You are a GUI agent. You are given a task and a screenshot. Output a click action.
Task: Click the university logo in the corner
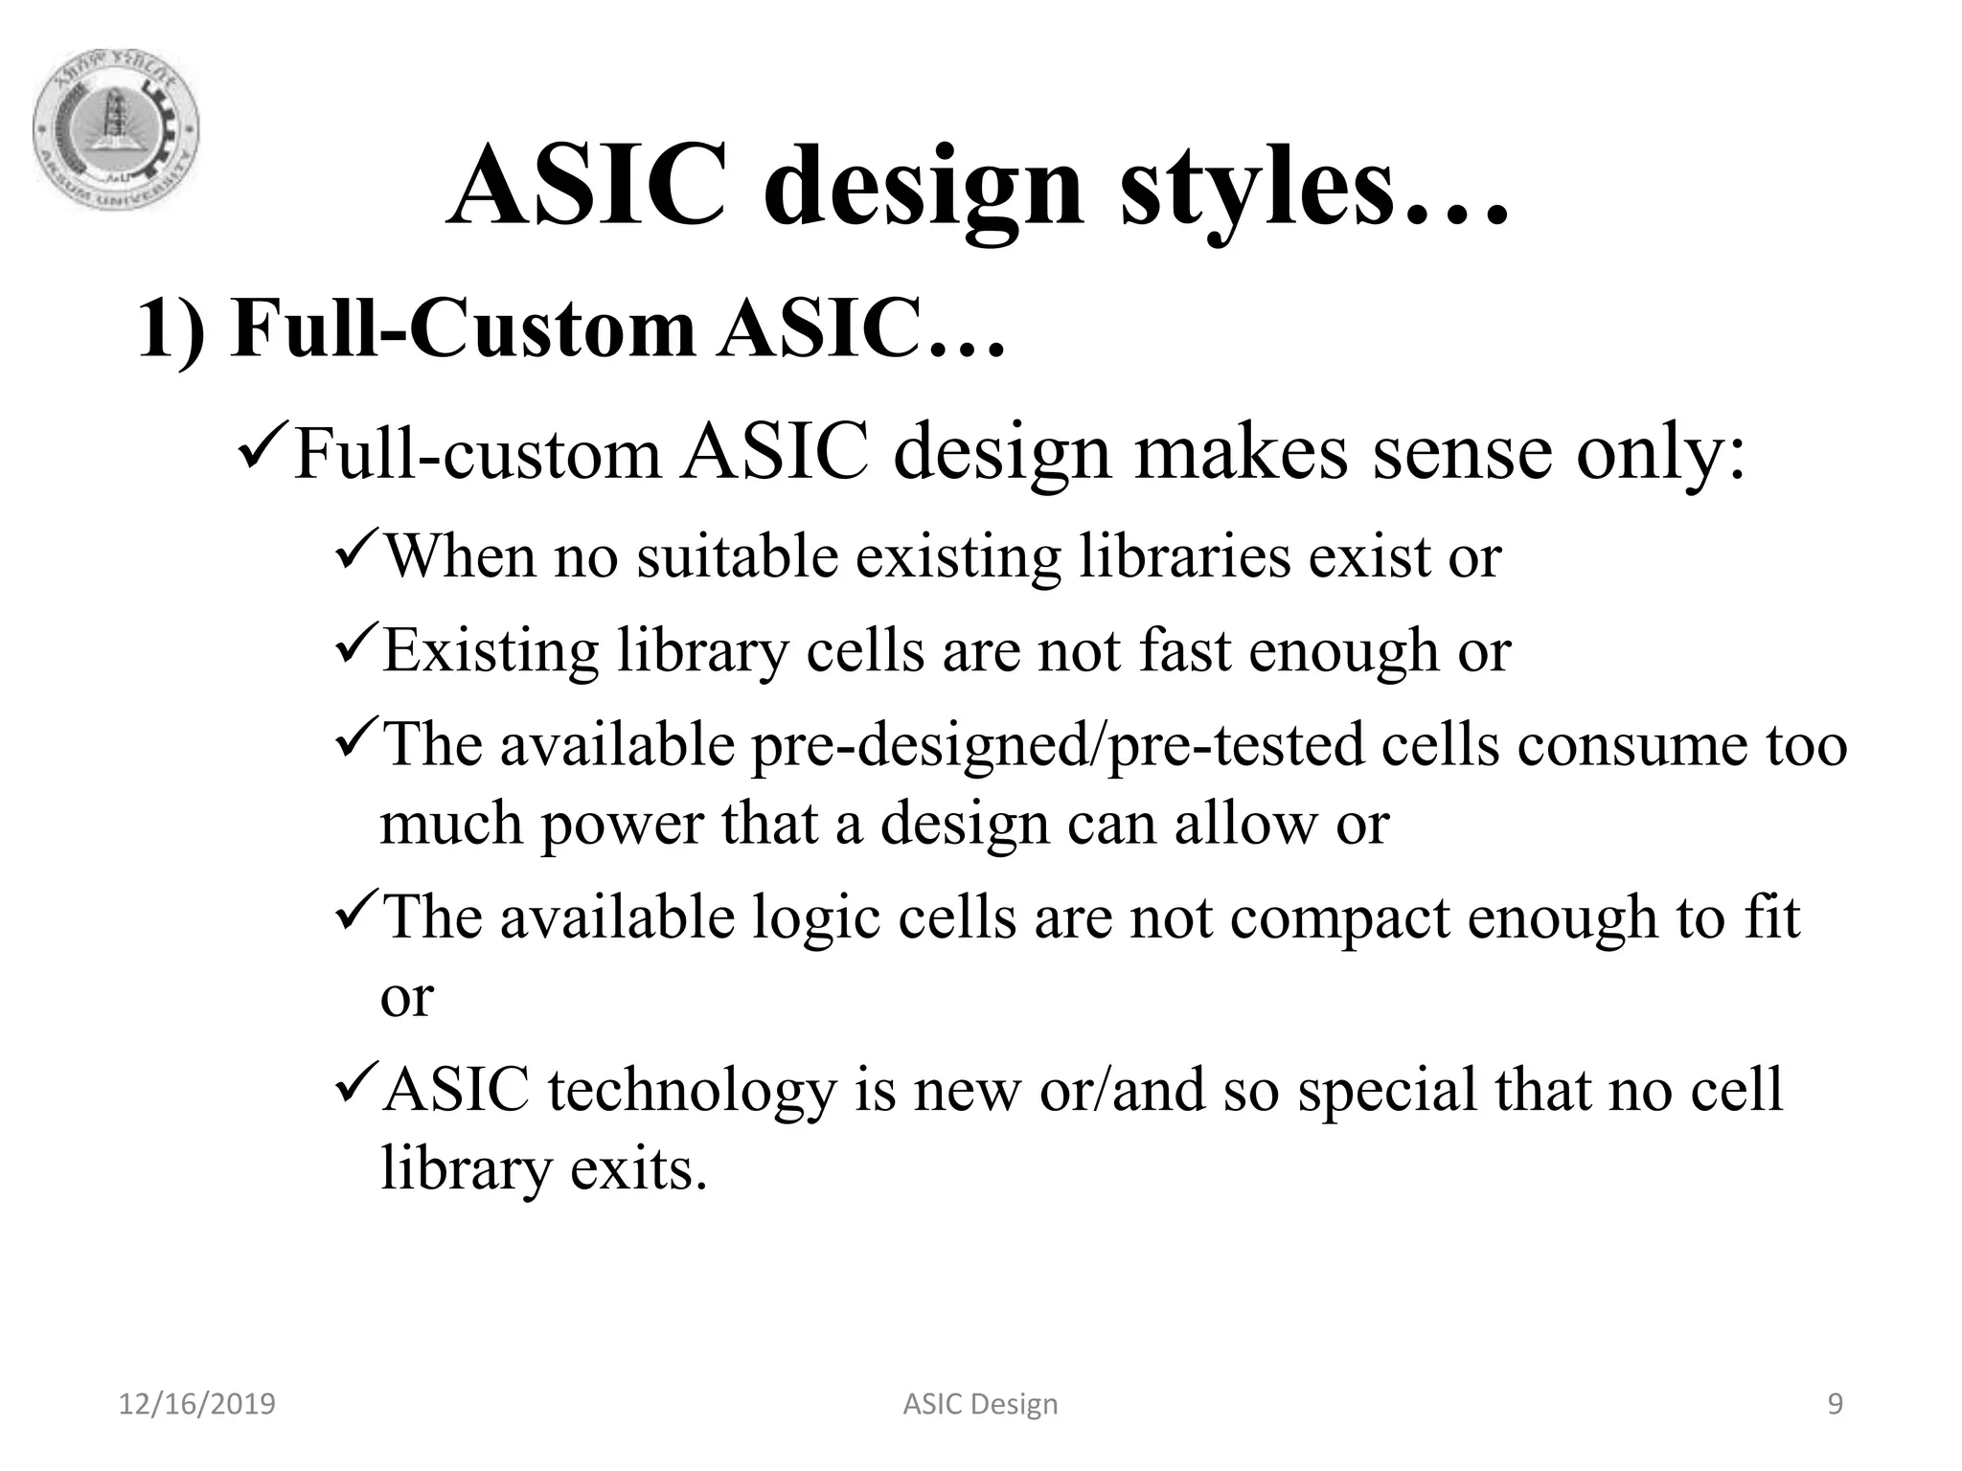(x=116, y=130)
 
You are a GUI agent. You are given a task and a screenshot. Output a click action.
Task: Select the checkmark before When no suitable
(x=359, y=553)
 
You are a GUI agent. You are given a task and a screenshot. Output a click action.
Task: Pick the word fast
(x=1184, y=650)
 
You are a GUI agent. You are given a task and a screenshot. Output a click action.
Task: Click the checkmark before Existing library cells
(x=359, y=646)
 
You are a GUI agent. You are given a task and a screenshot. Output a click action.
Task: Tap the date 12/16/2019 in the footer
(x=196, y=1405)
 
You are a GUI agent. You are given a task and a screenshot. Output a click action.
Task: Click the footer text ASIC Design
(x=980, y=1405)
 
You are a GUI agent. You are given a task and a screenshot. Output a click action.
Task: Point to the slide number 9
(x=1835, y=1405)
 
